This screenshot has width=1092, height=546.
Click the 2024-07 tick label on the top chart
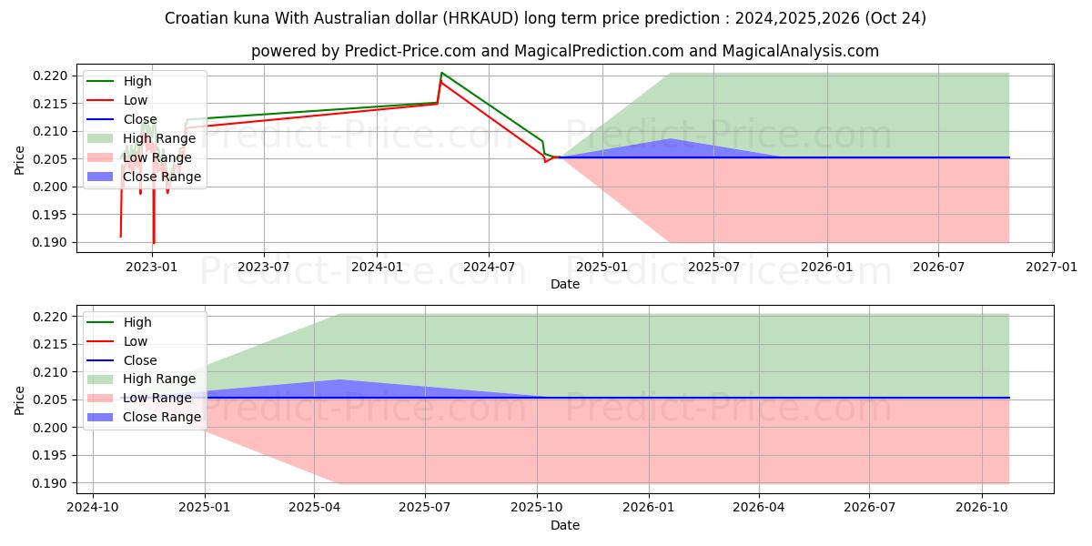[489, 267]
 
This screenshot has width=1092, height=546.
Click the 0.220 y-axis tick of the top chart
[53, 76]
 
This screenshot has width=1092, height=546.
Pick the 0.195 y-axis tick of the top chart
[53, 215]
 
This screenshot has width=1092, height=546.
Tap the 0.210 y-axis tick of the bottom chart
[53, 372]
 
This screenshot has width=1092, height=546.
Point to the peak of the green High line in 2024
[441, 73]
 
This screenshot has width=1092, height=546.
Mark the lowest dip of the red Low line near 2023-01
[154, 243]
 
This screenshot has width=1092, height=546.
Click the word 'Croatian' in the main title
[193, 18]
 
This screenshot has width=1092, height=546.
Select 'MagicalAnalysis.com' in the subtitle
[800, 51]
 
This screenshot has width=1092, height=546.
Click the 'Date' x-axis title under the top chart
[564, 284]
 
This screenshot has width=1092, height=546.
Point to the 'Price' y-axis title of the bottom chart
[20, 399]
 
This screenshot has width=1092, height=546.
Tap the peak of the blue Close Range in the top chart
[671, 139]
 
